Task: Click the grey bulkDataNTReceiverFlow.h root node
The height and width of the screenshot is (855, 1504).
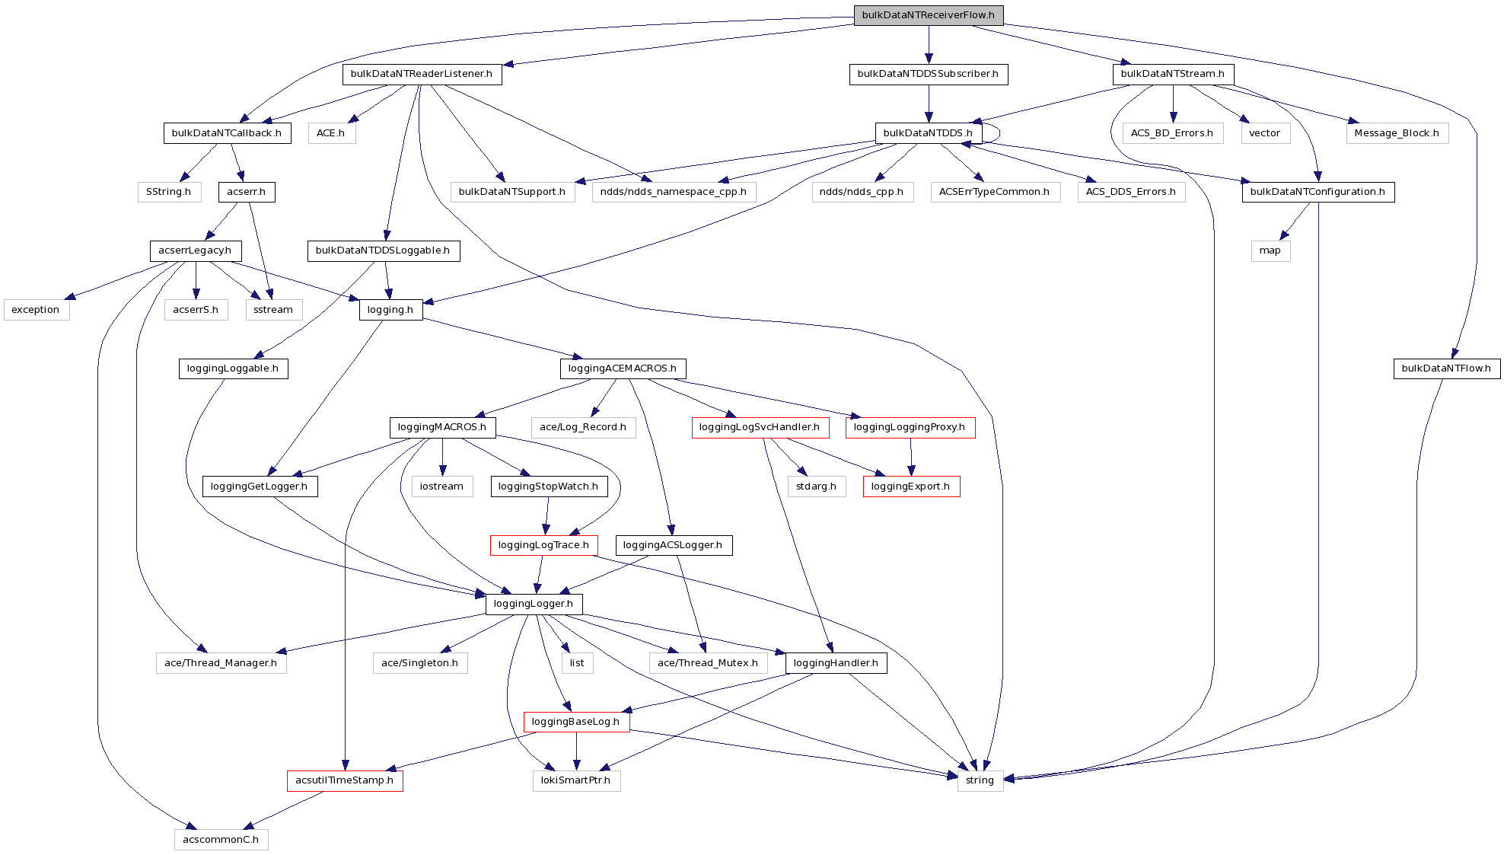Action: [928, 15]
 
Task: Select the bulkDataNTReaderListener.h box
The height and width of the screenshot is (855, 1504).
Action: [422, 74]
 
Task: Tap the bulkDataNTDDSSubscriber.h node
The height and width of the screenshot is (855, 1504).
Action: [928, 74]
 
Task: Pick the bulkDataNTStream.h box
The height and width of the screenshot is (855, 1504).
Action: [1172, 74]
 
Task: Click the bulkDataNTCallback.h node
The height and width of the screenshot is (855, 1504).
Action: [226, 133]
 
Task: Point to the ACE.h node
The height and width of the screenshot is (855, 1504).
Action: [331, 133]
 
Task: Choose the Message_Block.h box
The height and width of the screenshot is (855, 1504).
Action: [1396, 133]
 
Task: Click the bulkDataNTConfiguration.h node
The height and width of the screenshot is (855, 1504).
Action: [1318, 192]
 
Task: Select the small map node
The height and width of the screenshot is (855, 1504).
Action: [1270, 250]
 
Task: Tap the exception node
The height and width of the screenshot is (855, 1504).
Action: [36, 310]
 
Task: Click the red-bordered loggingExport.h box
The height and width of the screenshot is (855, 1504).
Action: [910, 487]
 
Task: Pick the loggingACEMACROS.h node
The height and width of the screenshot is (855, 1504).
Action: [622, 368]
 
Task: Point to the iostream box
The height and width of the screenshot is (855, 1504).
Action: [441, 487]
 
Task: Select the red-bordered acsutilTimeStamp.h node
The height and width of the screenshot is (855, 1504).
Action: [344, 780]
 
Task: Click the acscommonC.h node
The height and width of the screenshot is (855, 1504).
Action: [221, 840]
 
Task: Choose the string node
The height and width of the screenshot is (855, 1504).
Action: [980, 780]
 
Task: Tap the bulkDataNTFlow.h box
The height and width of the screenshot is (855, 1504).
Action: [1446, 368]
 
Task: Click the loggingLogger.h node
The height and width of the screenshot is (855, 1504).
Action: [534, 604]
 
